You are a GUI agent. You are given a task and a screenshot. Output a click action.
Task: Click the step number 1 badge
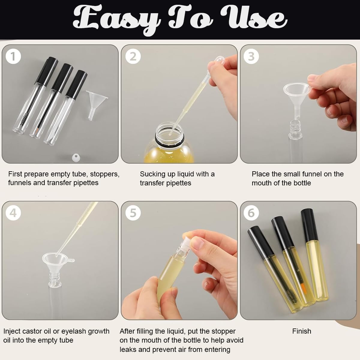(x=13, y=57)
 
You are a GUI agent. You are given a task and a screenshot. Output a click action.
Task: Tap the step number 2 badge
(x=133, y=57)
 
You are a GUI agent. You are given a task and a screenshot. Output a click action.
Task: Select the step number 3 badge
(x=251, y=57)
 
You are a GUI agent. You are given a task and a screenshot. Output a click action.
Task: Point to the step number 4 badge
(x=13, y=213)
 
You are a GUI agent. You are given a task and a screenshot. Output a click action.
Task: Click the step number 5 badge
(x=133, y=213)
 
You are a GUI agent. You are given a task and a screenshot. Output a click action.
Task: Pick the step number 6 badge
(x=251, y=213)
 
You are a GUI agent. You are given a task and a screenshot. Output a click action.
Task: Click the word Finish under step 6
(x=301, y=331)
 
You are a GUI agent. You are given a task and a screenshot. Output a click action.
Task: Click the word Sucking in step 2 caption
(x=153, y=174)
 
